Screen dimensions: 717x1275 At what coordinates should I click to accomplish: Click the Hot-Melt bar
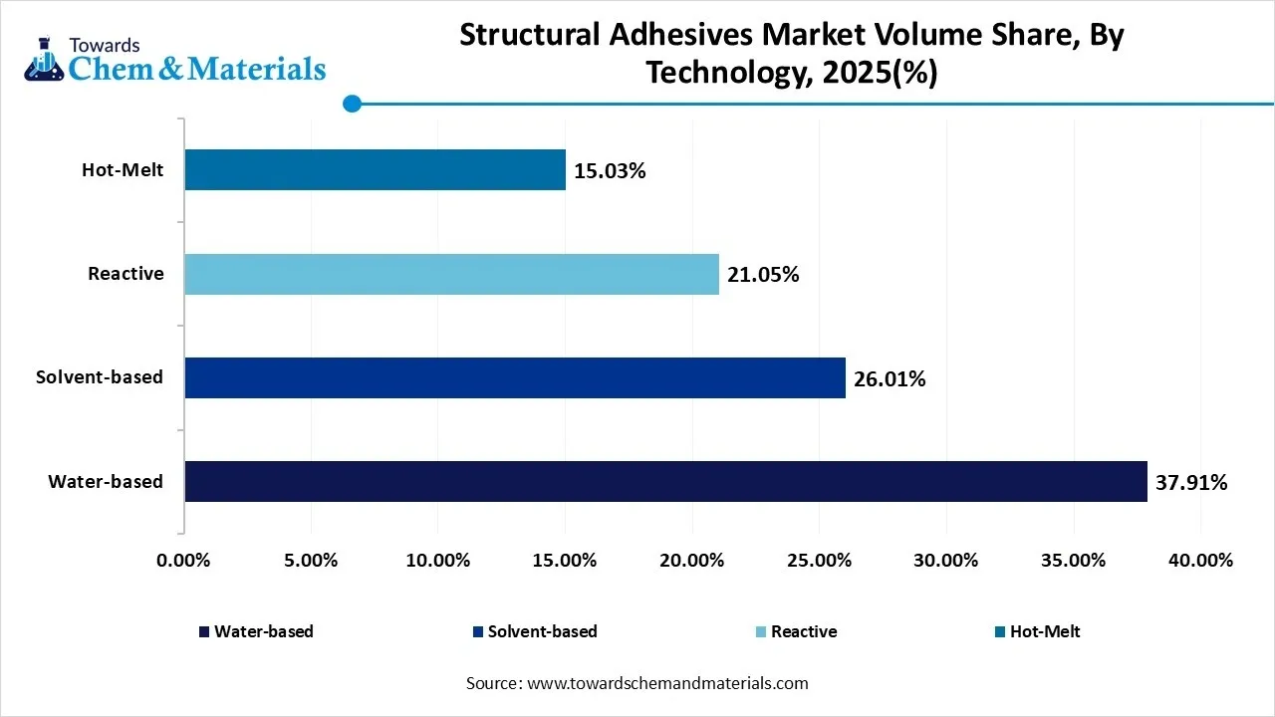(375, 170)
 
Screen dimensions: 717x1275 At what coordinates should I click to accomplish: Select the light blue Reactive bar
(451, 274)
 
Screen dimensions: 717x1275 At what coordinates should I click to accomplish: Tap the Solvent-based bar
(515, 378)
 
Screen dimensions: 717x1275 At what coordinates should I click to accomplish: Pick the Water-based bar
(665, 481)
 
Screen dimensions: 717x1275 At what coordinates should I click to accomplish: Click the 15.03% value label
(610, 171)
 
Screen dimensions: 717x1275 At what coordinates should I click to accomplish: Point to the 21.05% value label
(763, 275)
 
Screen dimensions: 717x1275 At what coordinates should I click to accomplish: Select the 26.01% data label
(890, 379)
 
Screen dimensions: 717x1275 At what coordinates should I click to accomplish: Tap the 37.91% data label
(1191, 483)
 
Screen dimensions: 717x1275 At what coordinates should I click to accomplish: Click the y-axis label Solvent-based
(100, 377)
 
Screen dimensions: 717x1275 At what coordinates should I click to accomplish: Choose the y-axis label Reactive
(126, 274)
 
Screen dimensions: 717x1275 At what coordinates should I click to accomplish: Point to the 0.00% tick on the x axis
(184, 561)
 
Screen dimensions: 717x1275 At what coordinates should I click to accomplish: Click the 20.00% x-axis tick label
(692, 561)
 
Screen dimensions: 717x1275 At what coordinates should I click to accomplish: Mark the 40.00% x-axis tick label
(1200, 561)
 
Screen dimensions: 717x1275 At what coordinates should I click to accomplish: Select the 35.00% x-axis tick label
(1074, 561)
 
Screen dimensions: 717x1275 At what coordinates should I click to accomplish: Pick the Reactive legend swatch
(762, 632)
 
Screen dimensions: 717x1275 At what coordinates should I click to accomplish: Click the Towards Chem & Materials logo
(174, 60)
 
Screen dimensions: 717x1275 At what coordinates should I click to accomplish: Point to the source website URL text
(666, 683)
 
